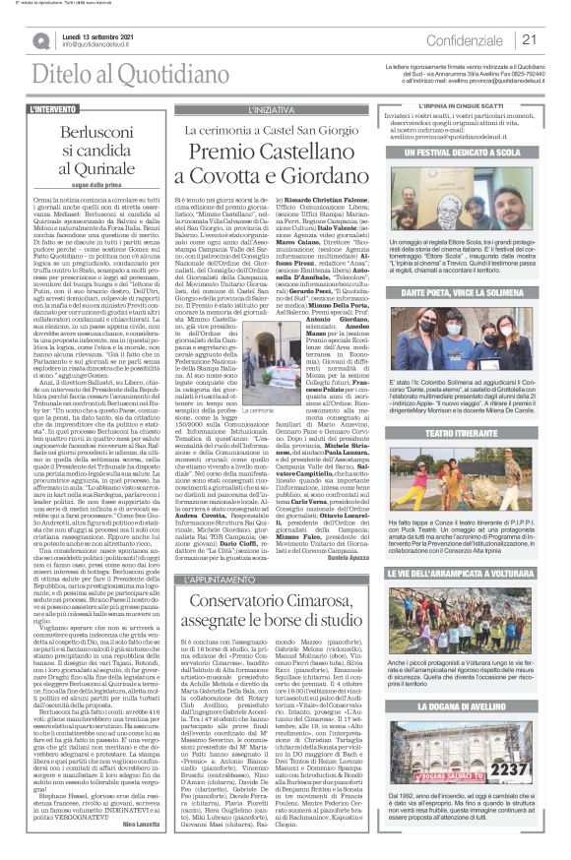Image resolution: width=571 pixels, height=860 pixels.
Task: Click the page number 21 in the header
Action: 528,40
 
